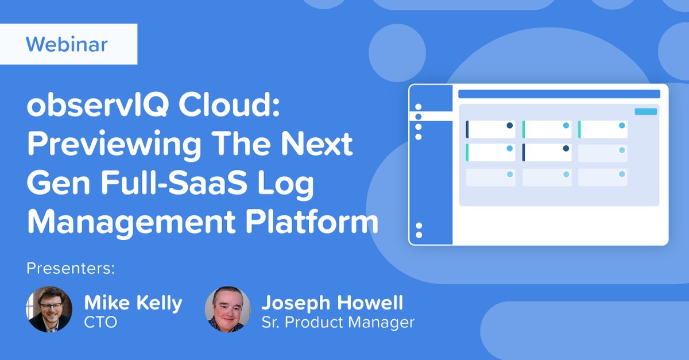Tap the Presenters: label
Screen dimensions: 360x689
[71, 268]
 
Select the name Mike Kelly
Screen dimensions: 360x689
[133, 303]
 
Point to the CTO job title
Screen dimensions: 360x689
[100, 323]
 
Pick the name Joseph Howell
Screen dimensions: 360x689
[332, 303]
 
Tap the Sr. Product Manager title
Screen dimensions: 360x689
[338, 323]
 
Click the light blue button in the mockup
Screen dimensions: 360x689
[645, 111]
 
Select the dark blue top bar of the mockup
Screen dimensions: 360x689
[559, 94]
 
